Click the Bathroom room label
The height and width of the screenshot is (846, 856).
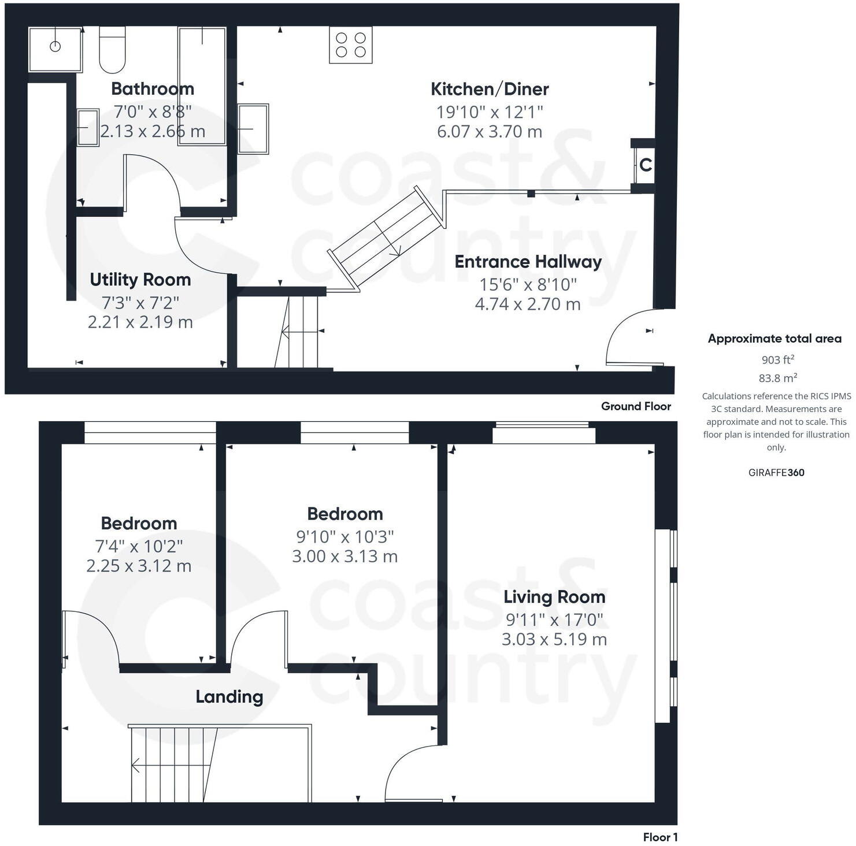coord(153,88)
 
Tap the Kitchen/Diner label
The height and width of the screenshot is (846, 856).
coord(490,89)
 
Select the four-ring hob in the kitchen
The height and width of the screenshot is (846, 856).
coord(351,45)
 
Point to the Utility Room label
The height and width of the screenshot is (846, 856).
coord(140,280)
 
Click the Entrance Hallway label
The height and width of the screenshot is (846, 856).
coord(528,262)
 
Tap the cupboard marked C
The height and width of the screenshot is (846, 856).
coord(645,165)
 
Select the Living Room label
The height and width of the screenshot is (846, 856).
coord(554,597)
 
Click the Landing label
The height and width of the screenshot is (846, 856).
coord(229,697)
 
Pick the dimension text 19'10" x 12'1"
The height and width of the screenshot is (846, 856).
coord(490,112)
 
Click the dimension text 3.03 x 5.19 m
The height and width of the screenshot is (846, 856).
coord(554,639)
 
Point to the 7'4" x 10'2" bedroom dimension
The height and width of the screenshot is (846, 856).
coord(139,546)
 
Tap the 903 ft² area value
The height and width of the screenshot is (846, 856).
coord(777,359)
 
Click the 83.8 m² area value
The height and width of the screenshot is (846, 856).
coord(777,378)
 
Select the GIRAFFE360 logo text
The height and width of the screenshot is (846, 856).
coord(776,472)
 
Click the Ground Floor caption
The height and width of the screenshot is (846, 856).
coord(636,406)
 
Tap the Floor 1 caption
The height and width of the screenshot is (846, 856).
coord(660,837)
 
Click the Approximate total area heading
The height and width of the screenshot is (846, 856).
coord(775,339)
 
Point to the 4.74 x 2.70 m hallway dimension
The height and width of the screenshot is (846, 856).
coord(528,304)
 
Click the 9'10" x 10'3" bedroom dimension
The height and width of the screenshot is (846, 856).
coord(345,537)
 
